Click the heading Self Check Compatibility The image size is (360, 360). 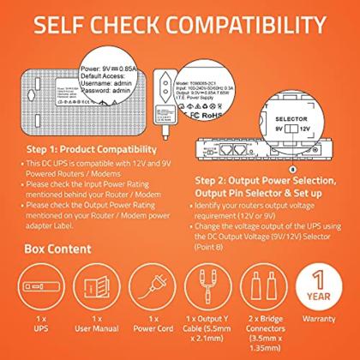tap(180, 25)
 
